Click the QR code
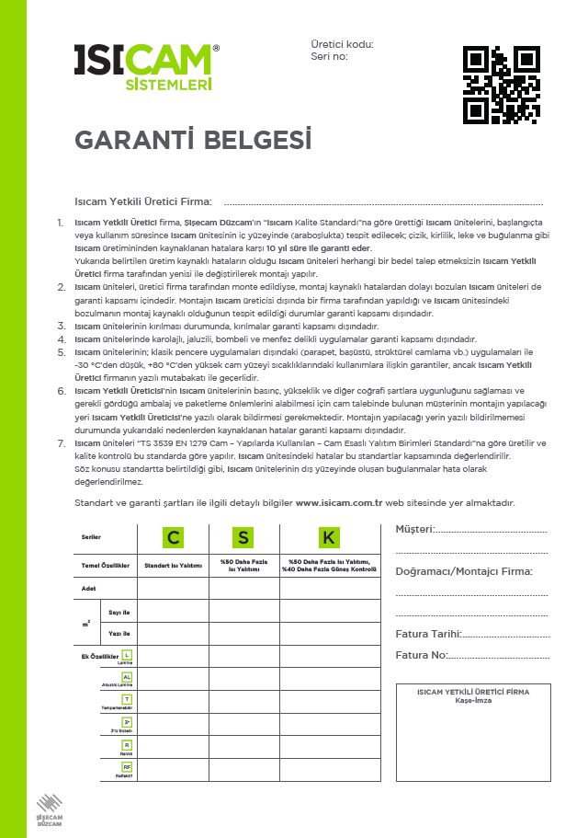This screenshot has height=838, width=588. pos(498,86)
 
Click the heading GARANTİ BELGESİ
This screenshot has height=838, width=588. pos(193,141)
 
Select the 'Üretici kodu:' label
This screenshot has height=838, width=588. pos(342,43)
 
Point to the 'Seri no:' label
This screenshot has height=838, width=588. pos(329,56)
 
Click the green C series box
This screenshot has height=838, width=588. pos(173,537)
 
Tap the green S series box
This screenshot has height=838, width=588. pos(243,537)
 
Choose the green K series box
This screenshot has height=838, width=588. pos(329,537)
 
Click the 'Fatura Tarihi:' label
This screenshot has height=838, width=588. pos(428,634)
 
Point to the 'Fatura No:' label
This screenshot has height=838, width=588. pos(422,655)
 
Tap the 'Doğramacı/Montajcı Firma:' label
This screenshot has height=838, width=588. pos(463,571)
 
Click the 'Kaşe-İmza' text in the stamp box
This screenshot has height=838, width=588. pos(473,701)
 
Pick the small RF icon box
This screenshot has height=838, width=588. pos(127,766)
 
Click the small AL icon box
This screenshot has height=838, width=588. pos(127,677)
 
